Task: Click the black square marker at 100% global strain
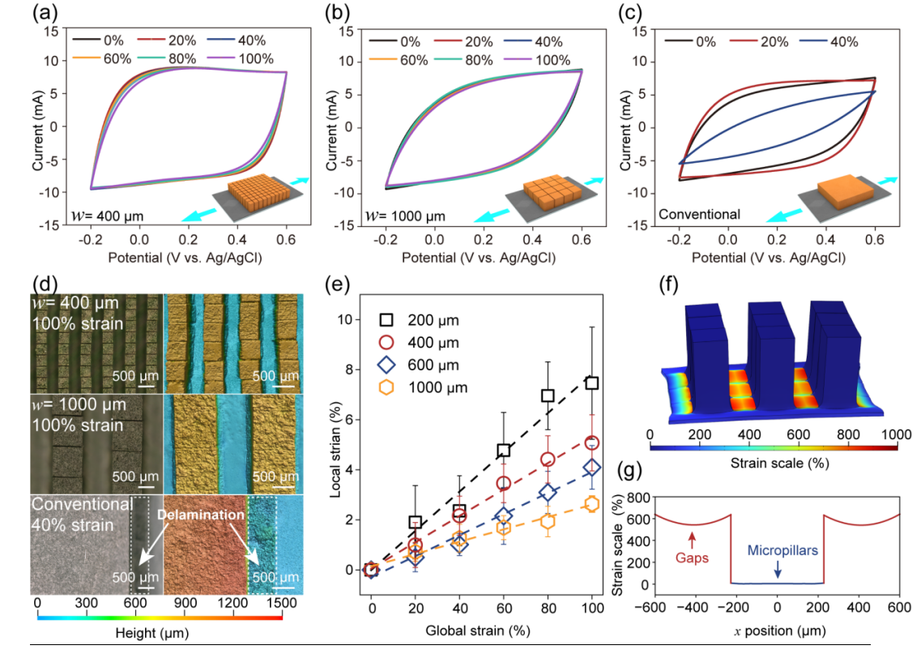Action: pos(592,383)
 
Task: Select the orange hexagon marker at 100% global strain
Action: pos(592,503)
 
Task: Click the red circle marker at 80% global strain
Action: pos(548,460)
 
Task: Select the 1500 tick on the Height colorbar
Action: pos(282,604)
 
